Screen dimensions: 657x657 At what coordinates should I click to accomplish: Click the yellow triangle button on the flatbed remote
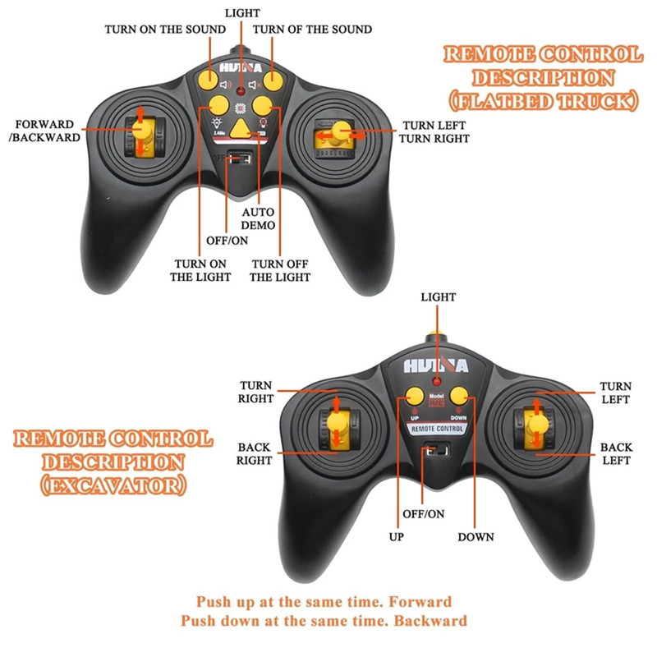[x=241, y=127]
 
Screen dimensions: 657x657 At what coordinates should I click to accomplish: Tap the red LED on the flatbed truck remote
[x=241, y=87]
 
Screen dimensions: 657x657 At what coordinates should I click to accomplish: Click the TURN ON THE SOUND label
[x=165, y=30]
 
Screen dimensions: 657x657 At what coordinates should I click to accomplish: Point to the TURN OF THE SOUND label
[x=312, y=30]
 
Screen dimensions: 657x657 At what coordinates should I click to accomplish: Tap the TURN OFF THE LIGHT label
[x=280, y=270]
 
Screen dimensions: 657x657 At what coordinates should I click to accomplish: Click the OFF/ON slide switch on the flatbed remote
[x=241, y=158]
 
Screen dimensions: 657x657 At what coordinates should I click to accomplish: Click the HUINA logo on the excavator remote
[x=436, y=365]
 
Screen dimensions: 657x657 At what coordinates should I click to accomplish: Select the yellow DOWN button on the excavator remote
[x=459, y=397]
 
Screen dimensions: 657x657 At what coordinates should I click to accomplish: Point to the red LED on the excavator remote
[x=437, y=383]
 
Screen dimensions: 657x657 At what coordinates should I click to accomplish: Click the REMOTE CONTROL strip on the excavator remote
[x=437, y=428]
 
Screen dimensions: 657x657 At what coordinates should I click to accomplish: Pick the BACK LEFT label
[x=616, y=453]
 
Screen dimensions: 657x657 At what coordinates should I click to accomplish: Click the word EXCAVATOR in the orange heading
[x=112, y=485]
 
